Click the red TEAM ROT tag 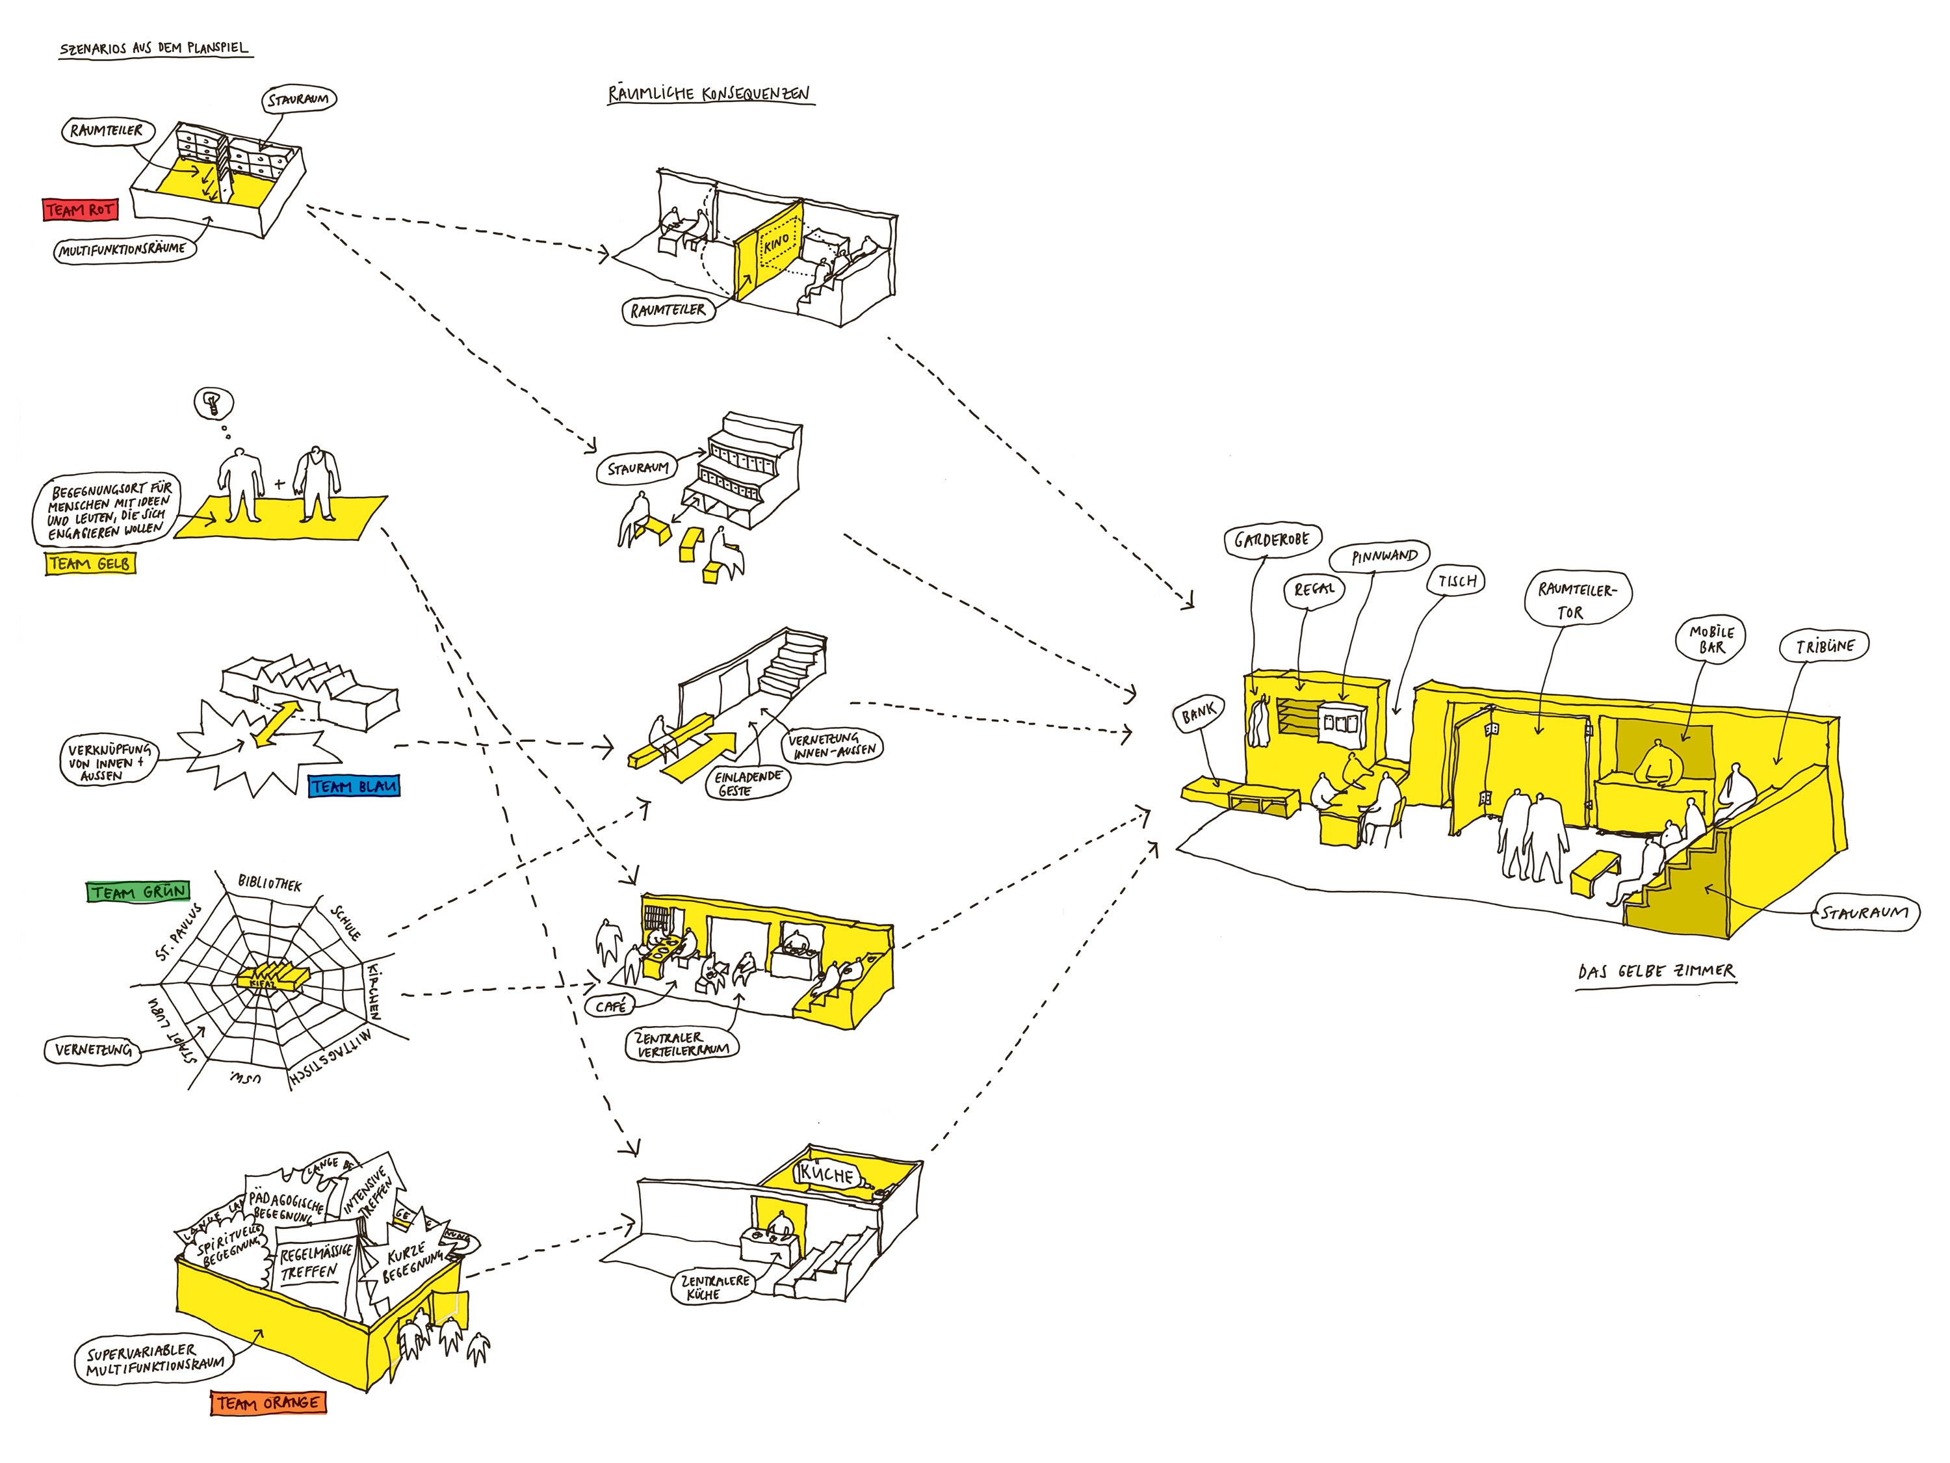pyautogui.click(x=79, y=210)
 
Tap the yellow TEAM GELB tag pyautogui.click(x=90, y=564)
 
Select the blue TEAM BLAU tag pyautogui.click(x=354, y=785)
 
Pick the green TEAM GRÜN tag pyautogui.click(x=138, y=891)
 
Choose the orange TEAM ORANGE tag pyautogui.click(x=268, y=1402)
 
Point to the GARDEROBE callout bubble pyautogui.click(x=1271, y=540)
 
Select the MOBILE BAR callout pyautogui.click(x=1711, y=639)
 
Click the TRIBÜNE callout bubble pyautogui.click(x=1825, y=646)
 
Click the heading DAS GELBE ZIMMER pyautogui.click(x=1656, y=972)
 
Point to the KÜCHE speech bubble pyautogui.click(x=826, y=1175)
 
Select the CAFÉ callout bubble pyautogui.click(x=610, y=1006)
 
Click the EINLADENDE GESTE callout pyautogui.click(x=747, y=783)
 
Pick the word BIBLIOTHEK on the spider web pyautogui.click(x=270, y=883)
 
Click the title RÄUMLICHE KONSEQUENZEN pyautogui.click(x=708, y=94)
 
